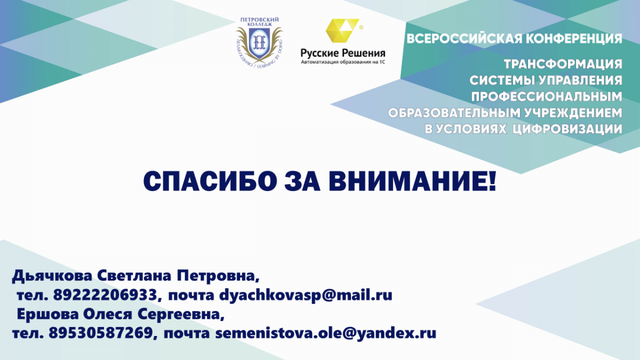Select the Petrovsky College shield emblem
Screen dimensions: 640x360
(x=259, y=43)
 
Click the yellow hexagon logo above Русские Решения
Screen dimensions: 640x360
(x=342, y=30)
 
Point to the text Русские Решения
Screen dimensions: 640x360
(x=343, y=53)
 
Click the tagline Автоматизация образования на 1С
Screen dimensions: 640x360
(x=343, y=62)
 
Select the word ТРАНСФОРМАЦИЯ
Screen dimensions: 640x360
(x=563, y=64)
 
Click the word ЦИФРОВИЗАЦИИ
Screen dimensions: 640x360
(x=567, y=129)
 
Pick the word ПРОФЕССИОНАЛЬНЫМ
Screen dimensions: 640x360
(x=547, y=97)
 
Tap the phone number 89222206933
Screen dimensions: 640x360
(x=105, y=294)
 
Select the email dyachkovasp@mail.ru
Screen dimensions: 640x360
(x=306, y=295)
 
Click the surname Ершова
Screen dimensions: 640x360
(x=47, y=314)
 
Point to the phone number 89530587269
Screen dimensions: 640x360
(x=101, y=333)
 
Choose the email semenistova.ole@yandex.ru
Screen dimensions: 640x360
(x=326, y=334)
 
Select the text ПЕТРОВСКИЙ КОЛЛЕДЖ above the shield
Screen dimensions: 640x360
(x=259, y=22)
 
